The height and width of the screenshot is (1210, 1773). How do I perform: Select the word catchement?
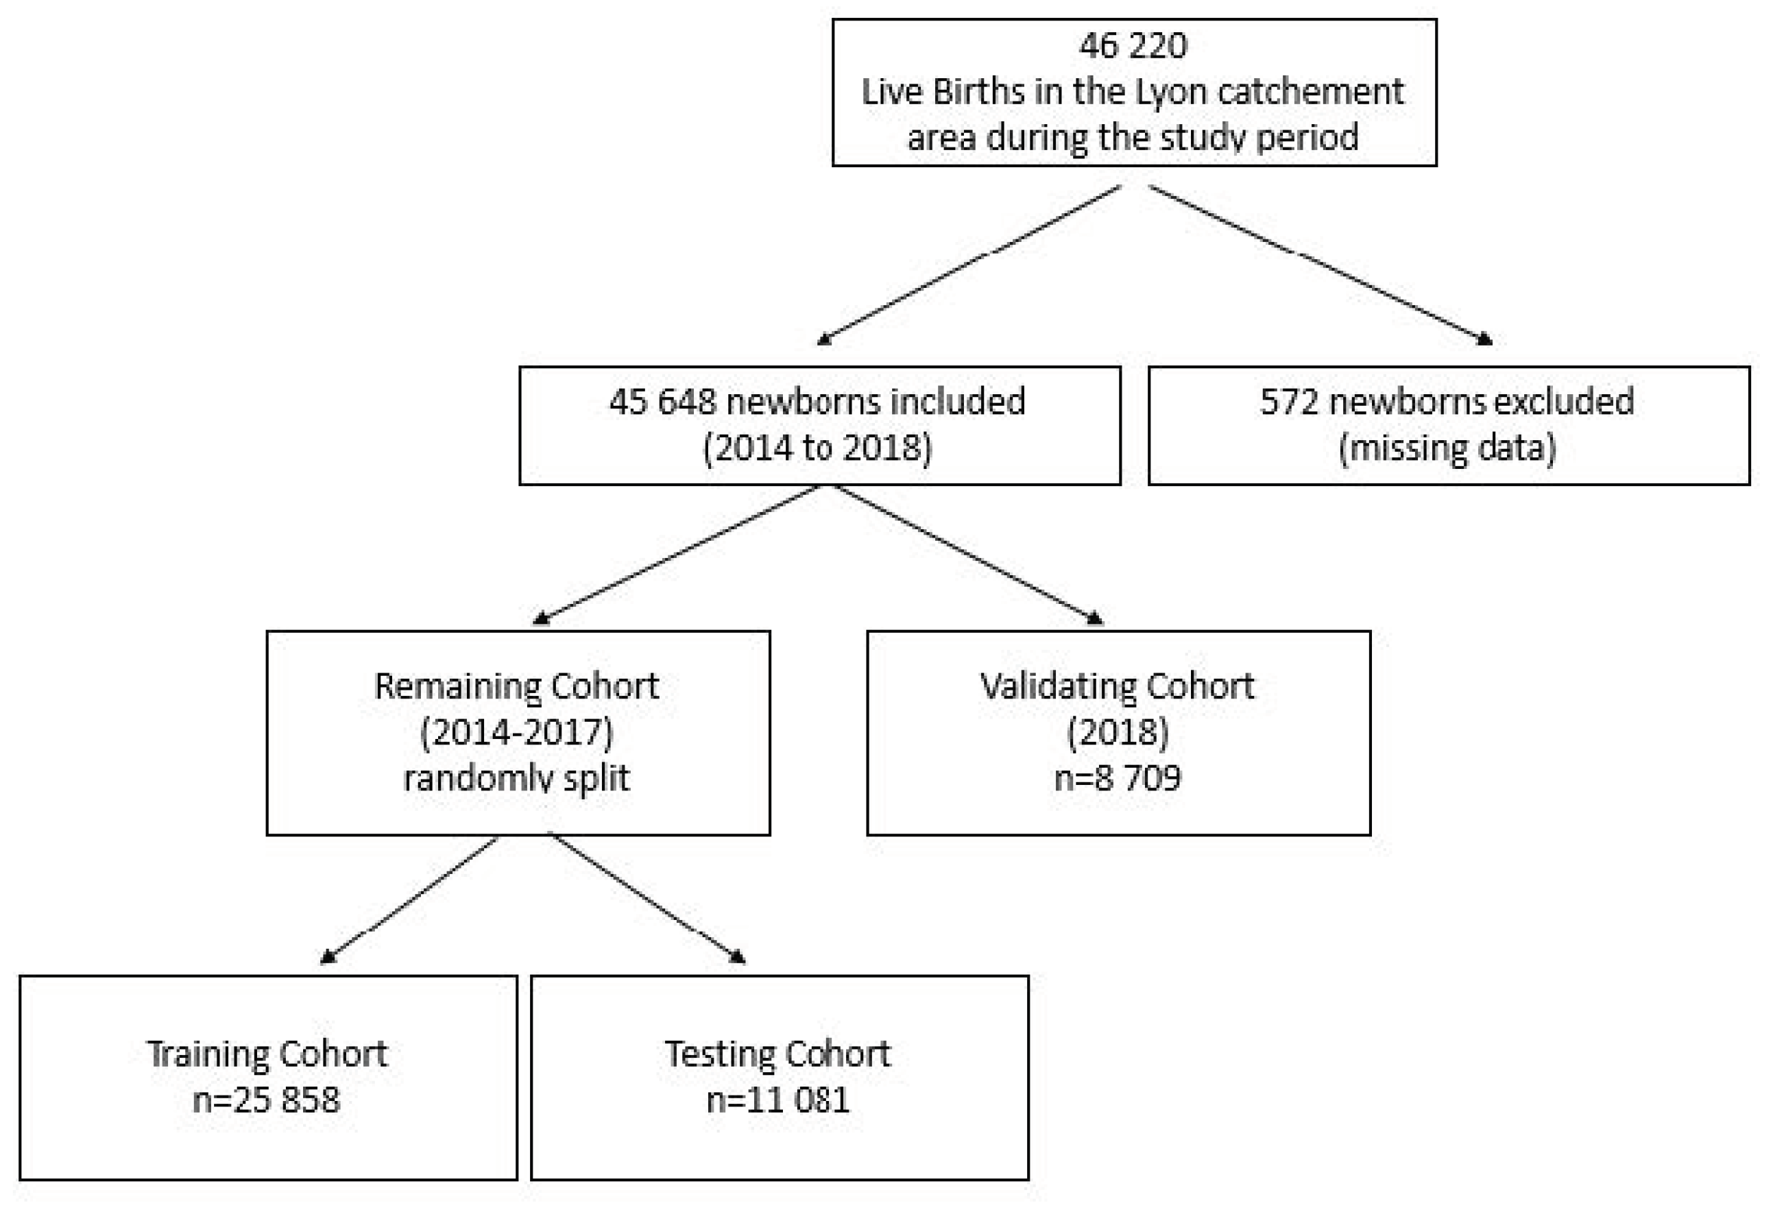coord(1310,93)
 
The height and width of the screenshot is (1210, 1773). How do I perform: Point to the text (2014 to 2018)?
coord(817,448)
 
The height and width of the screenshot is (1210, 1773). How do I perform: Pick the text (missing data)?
coord(1447,448)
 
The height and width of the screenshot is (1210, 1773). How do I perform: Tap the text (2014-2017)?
coord(516,732)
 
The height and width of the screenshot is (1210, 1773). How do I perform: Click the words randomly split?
coord(516,779)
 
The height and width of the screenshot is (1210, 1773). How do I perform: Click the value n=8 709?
coord(1118,779)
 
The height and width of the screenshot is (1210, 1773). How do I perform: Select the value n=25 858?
coord(266,1100)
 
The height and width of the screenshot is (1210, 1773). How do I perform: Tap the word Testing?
coord(719,1054)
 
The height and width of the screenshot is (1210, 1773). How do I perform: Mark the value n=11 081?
coord(777,1100)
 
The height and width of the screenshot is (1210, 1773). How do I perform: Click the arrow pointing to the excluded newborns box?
coord(1320,263)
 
